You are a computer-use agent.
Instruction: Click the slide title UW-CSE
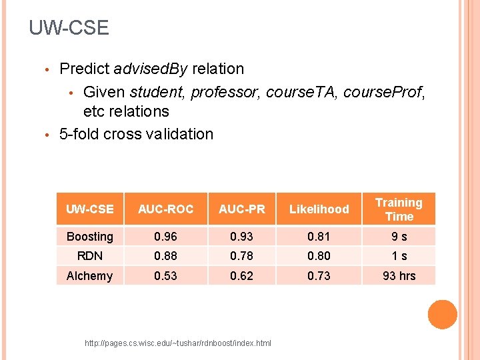click(69, 28)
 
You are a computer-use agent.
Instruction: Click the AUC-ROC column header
click(165, 209)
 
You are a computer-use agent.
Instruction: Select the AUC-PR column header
click(241, 209)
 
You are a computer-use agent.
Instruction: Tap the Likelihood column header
click(319, 209)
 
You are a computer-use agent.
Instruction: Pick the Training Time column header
click(399, 209)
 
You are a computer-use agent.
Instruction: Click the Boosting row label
click(90, 237)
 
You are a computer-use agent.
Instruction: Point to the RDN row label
click(90, 256)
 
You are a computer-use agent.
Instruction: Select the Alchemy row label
click(90, 275)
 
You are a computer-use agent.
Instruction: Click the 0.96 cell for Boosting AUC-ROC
click(165, 237)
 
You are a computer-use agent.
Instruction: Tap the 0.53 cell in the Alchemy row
click(165, 275)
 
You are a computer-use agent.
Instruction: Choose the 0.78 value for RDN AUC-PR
click(241, 256)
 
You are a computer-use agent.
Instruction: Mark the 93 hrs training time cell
click(399, 275)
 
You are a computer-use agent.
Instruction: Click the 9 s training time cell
click(399, 237)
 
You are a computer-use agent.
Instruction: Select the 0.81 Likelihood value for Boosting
click(319, 237)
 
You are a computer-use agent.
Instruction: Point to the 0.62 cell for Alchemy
click(241, 275)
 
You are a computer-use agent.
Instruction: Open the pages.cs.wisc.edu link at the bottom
click(178, 343)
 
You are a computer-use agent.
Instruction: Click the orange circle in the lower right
click(442, 315)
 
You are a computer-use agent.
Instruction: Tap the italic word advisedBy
click(150, 69)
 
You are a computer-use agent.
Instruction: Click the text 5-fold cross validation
click(136, 133)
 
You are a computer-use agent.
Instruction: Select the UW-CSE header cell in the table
click(90, 209)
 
